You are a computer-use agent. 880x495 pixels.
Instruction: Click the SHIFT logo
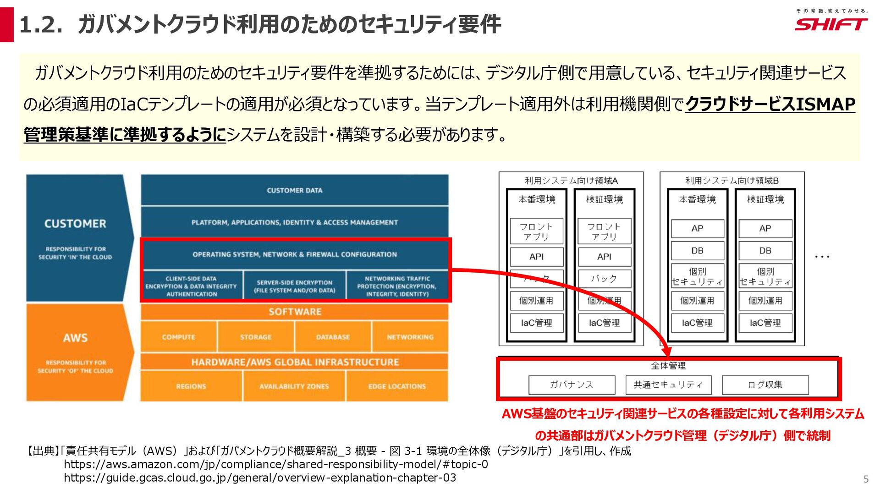click(830, 24)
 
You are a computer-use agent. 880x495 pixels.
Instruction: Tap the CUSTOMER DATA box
click(294, 190)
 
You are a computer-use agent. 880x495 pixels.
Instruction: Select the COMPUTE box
click(178, 337)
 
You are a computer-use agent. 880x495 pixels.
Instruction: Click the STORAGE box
click(256, 337)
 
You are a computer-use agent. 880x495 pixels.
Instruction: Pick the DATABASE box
click(333, 337)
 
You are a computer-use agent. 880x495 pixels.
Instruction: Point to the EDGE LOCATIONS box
click(397, 386)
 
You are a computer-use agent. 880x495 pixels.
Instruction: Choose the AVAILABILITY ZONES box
click(294, 386)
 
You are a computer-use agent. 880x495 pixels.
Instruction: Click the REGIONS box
click(191, 386)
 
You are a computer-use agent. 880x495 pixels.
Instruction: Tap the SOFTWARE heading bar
click(294, 312)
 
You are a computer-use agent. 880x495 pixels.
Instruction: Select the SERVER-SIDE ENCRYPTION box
click(294, 286)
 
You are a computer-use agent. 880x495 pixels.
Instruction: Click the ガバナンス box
click(572, 385)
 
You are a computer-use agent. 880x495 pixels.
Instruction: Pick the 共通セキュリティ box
click(668, 385)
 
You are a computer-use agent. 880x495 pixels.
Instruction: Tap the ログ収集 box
click(765, 385)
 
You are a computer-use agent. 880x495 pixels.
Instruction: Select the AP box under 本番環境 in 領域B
click(697, 228)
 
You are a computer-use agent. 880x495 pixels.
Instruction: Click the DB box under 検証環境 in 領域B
click(765, 251)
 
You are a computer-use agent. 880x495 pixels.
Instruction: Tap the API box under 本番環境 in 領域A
click(536, 257)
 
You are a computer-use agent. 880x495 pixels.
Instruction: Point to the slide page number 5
click(866, 479)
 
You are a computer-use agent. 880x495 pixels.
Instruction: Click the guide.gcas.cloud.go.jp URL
click(260, 478)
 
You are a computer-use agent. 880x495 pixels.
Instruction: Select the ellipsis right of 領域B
click(822, 257)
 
